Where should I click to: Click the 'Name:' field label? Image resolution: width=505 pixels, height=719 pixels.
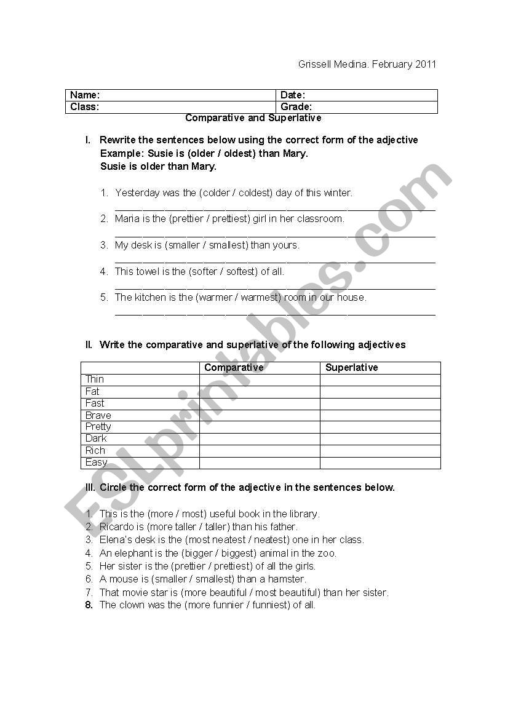click(85, 95)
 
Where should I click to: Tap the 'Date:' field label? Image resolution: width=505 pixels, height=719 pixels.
click(293, 95)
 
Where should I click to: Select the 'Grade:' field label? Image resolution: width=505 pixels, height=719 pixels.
click(296, 107)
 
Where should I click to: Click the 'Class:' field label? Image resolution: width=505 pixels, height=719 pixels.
click(85, 107)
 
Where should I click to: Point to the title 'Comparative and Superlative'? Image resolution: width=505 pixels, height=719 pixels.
click(253, 117)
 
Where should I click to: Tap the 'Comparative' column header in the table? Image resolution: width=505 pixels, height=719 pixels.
click(234, 368)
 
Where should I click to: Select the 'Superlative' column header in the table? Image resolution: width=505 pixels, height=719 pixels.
click(352, 368)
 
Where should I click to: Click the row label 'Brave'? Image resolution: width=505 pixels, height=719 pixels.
click(98, 415)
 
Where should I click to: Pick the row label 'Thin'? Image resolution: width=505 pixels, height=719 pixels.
click(95, 379)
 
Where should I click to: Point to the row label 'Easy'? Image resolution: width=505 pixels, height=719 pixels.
click(97, 463)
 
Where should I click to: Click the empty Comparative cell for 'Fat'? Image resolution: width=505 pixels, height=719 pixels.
click(260, 392)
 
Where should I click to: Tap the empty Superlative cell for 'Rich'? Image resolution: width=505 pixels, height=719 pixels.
click(380, 451)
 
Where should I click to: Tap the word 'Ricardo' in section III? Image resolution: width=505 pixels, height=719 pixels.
click(117, 527)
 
